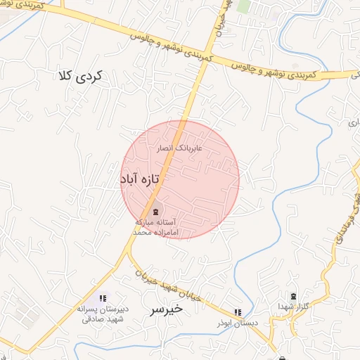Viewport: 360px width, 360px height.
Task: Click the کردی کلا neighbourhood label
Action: pyautogui.click(x=79, y=76)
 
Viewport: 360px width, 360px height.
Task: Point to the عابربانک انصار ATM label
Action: pyautogui.click(x=181, y=148)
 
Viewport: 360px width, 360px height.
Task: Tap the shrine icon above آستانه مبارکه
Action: pyautogui.click(x=155, y=211)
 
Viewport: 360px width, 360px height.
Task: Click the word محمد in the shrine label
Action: pyautogui.click(x=143, y=231)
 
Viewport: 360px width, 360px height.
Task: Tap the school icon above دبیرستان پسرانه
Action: pyautogui.click(x=103, y=298)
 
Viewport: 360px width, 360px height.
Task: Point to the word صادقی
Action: pyautogui.click(x=95, y=319)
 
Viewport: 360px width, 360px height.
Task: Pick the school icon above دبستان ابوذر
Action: pyautogui.click(x=238, y=311)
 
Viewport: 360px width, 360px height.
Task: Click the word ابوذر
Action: pyautogui.click(x=225, y=322)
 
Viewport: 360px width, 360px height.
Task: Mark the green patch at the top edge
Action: pyautogui.click(x=244, y=6)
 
